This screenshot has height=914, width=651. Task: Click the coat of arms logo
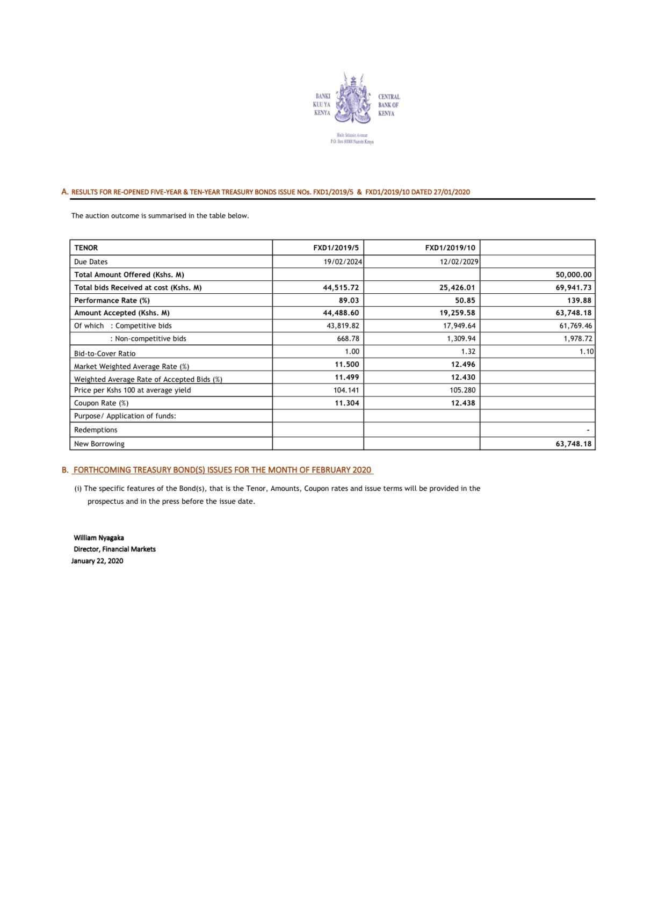tap(353, 99)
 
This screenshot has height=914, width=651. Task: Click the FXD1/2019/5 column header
tap(336, 248)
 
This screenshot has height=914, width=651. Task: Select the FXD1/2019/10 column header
tap(450, 248)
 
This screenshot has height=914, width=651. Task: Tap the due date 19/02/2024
tap(343, 262)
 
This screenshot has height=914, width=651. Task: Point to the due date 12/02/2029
tap(459, 262)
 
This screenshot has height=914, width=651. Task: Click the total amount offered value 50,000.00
tap(573, 274)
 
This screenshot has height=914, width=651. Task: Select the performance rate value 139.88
tap(579, 300)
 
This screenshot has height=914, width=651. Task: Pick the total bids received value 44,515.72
tap(341, 287)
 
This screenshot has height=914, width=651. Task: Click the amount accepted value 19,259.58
tap(457, 313)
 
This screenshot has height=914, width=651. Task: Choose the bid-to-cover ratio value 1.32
tap(468, 351)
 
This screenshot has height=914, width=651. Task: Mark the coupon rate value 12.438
tap(462, 403)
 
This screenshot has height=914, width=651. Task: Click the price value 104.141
tap(346, 390)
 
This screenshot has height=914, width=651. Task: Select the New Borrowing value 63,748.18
tap(573, 444)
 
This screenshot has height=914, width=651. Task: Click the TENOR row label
tap(86, 248)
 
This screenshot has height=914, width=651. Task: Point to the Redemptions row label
tap(96, 430)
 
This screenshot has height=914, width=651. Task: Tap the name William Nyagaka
tap(99, 538)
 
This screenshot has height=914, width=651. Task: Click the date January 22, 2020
tap(97, 561)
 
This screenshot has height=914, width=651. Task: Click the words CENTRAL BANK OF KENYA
tap(388, 105)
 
